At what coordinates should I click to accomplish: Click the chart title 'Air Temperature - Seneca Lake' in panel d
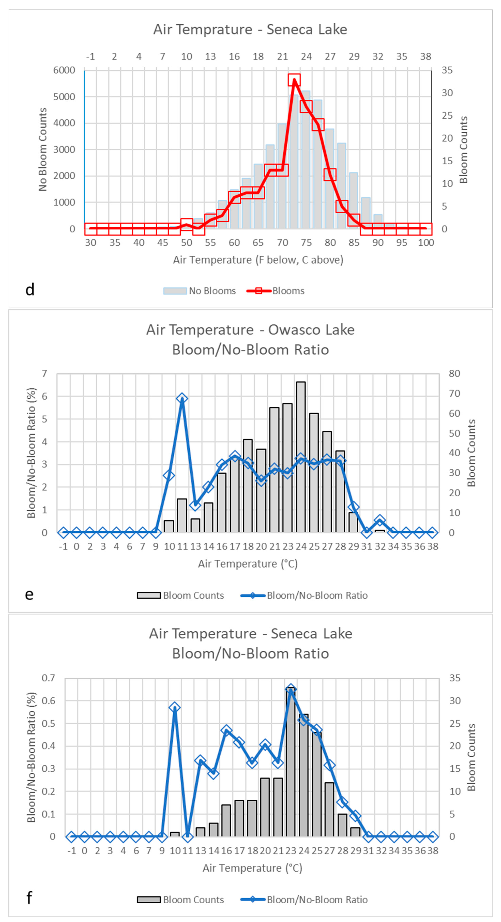coord(250,29)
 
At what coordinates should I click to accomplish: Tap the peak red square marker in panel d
coord(294,80)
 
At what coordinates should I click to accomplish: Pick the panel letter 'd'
coord(30,289)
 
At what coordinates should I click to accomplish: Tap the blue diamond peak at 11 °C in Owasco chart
coord(182,398)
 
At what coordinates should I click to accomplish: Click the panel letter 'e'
coord(29,595)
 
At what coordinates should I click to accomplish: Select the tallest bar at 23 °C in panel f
coord(291,762)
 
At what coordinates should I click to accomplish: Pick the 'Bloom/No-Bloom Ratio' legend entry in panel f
coord(317,900)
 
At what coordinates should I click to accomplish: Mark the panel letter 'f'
coord(29,898)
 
